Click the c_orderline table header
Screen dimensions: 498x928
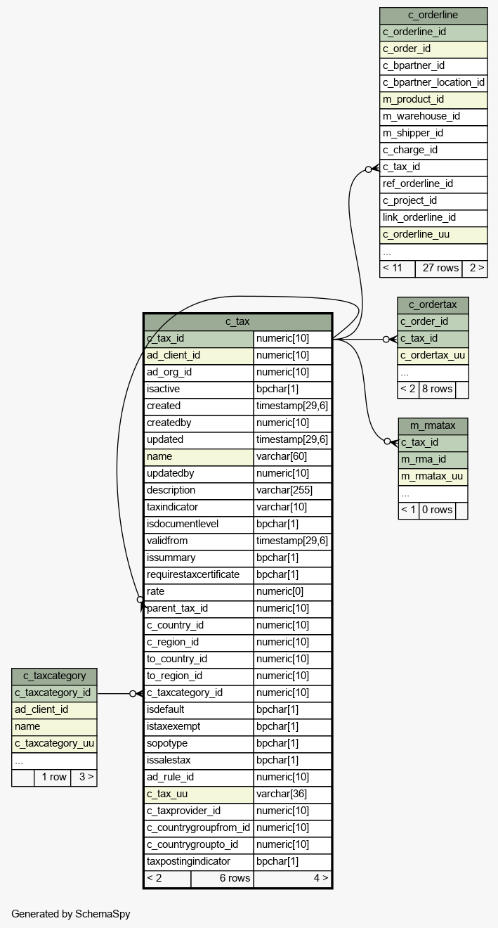[433, 15]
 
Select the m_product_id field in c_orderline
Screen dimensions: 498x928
[413, 99]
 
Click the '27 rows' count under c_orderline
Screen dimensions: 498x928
[440, 268]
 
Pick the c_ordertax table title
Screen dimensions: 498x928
[433, 305]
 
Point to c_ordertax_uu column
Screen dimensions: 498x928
[433, 356]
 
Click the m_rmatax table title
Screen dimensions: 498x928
[433, 426]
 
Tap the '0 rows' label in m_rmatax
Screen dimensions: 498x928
[437, 510]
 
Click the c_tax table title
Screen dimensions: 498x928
[237, 321]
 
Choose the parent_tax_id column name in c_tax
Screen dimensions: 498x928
[177, 609]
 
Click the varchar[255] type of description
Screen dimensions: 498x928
[284, 491]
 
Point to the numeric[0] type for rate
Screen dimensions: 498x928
[280, 592]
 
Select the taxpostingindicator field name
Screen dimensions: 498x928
[188, 862]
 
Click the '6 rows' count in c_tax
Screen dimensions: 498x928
[235, 878]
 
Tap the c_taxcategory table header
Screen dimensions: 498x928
[54, 676]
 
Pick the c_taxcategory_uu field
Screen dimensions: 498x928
[54, 744]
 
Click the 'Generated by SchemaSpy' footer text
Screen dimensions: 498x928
[71, 914]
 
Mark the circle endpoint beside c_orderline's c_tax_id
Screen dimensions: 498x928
[369, 169]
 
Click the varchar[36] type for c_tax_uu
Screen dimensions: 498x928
[282, 794]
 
